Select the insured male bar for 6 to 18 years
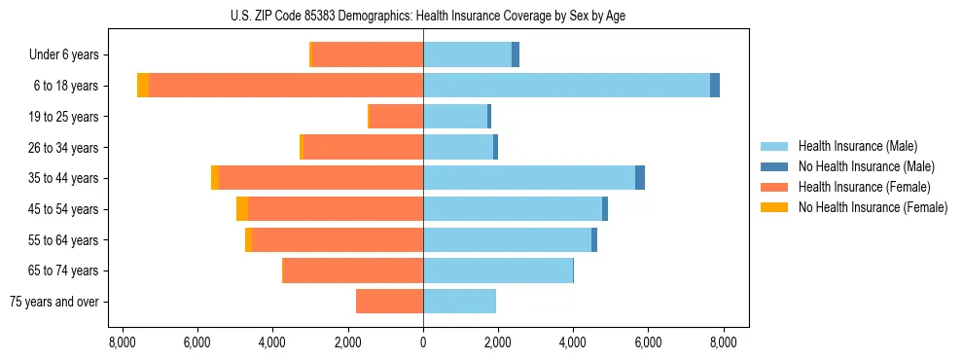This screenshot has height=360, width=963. [x=566, y=86]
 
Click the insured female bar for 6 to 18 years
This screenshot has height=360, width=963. [x=286, y=86]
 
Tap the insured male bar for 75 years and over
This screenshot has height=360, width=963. [x=459, y=302]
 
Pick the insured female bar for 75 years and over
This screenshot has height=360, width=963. [x=390, y=302]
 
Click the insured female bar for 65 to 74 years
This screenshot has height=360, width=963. [x=353, y=270]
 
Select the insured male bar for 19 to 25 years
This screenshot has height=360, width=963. [x=455, y=117]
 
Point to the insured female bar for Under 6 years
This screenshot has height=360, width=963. [x=368, y=54]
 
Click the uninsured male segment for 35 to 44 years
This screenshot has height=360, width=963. [x=640, y=178]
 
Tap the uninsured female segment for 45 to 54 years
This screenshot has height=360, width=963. [x=242, y=209]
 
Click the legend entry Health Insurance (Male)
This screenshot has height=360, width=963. [x=856, y=146]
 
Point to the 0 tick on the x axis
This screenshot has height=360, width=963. [x=423, y=342]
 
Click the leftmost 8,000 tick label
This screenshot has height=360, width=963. [x=122, y=342]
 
